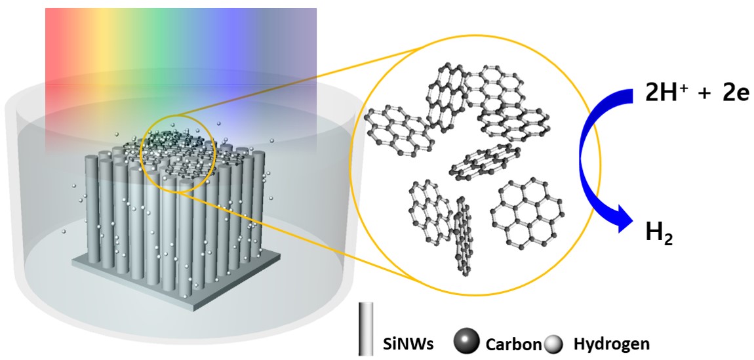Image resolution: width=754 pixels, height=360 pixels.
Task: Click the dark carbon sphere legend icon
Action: (x=466, y=341)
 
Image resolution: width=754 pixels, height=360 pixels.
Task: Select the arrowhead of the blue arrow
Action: (x=623, y=223)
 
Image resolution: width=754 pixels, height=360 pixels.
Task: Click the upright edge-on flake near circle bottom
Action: (x=463, y=236)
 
